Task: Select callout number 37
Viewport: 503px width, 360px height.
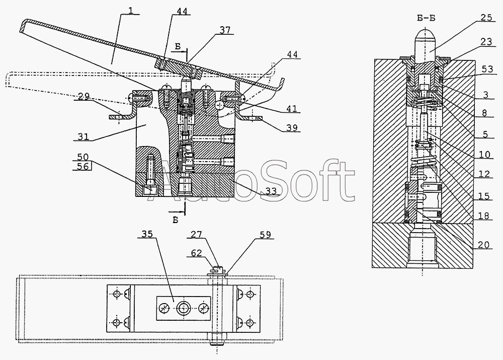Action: tap(225, 30)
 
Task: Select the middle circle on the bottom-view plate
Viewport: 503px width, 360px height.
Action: tap(182, 308)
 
